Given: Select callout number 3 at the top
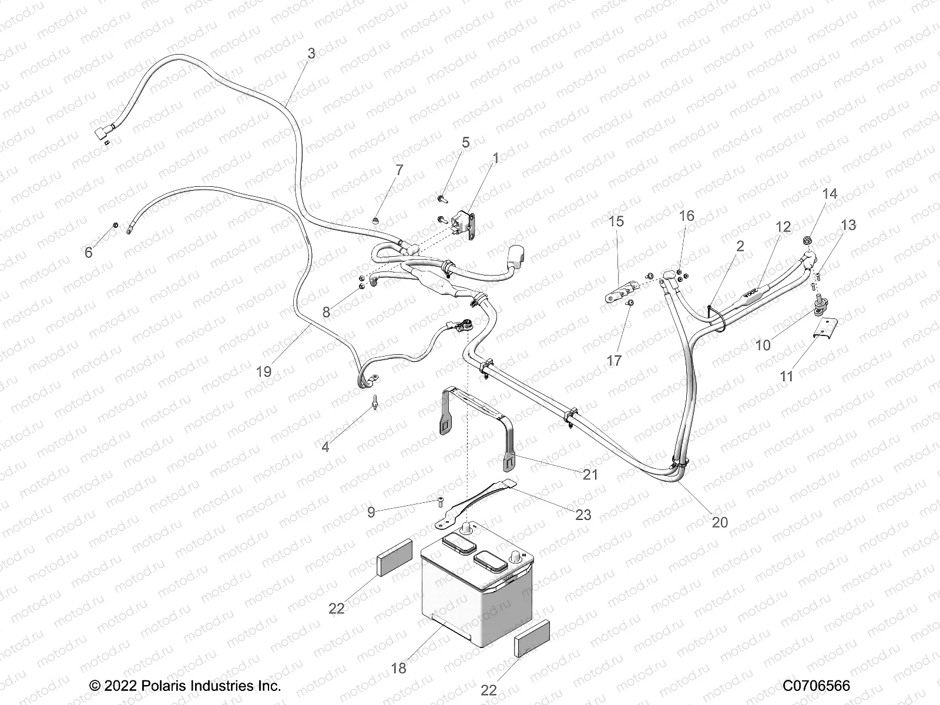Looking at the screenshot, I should pyautogui.click(x=311, y=53).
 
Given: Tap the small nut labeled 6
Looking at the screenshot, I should pyautogui.click(x=116, y=226).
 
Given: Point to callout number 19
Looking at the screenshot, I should pyautogui.click(x=264, y=371).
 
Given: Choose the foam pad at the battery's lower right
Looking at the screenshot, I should pyautogui.click(x=532, y=639).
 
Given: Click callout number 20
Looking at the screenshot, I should pyautogui.click(x=720, y=522).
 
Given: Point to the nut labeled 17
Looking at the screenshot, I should pyautogui.click(x=630, y=303).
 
